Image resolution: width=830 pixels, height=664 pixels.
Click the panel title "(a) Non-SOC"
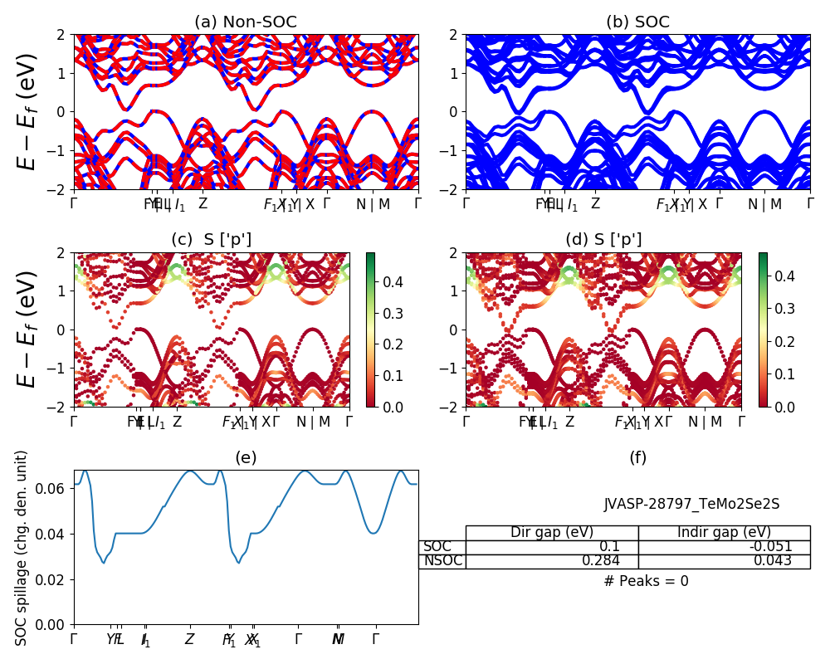click(x=246, y=22)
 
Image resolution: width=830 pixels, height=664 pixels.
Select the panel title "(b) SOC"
click(x=637, y=22)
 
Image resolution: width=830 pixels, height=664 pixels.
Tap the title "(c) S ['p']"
click(x=211, y=240)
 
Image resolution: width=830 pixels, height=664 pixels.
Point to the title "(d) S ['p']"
click(x=603, y=240)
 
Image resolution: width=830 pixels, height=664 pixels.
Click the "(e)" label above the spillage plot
click(x=246, y=457)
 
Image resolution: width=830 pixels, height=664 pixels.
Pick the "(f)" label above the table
click(x=637, y=457)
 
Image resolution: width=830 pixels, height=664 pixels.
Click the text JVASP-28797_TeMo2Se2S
click(x=691, y=504)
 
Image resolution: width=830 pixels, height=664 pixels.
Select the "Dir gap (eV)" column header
click(x=552, y=533)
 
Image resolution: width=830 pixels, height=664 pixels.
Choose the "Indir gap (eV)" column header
click(x=724, y=533)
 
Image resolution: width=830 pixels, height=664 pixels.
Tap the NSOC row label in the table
click(x=442, y=561)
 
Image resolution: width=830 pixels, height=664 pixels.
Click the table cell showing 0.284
click(x=610, y=561)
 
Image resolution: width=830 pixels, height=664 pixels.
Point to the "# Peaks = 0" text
click(x=646, y=581)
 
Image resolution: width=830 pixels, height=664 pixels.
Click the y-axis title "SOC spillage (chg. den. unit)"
click(x=22, y=548)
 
